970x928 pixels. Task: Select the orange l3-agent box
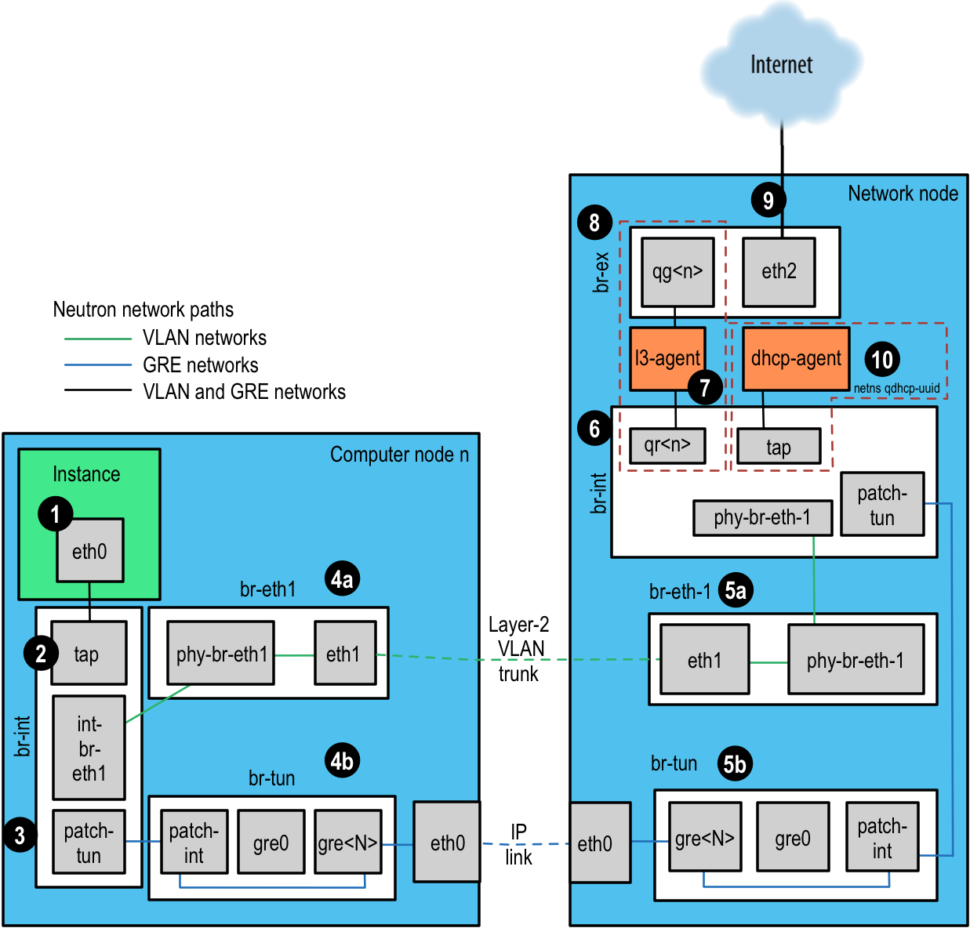(667, 359)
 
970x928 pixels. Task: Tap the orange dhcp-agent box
(796, 359)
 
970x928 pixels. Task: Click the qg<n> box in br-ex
(678, 272)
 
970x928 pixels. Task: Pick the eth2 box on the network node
(779, 272)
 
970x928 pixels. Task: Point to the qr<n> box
(667, 446)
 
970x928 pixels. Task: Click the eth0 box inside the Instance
(89, 551)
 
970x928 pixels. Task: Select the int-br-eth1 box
(89, 748)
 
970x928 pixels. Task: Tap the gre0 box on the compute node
(271, 843)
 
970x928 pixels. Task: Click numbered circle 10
(882, 360)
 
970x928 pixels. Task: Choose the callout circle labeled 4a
(342, 579)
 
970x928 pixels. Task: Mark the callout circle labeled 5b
(735, 763)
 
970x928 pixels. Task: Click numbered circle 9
(768, 201)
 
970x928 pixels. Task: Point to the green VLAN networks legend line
(98, 339)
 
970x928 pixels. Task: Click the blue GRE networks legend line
(98, 365)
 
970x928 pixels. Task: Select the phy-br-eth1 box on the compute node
(220, 654)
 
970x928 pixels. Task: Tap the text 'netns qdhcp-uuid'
(896, 388)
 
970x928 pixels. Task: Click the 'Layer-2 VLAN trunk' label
(519, 649)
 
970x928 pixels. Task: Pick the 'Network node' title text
(903, 194)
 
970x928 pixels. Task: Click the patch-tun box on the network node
(882, 505)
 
